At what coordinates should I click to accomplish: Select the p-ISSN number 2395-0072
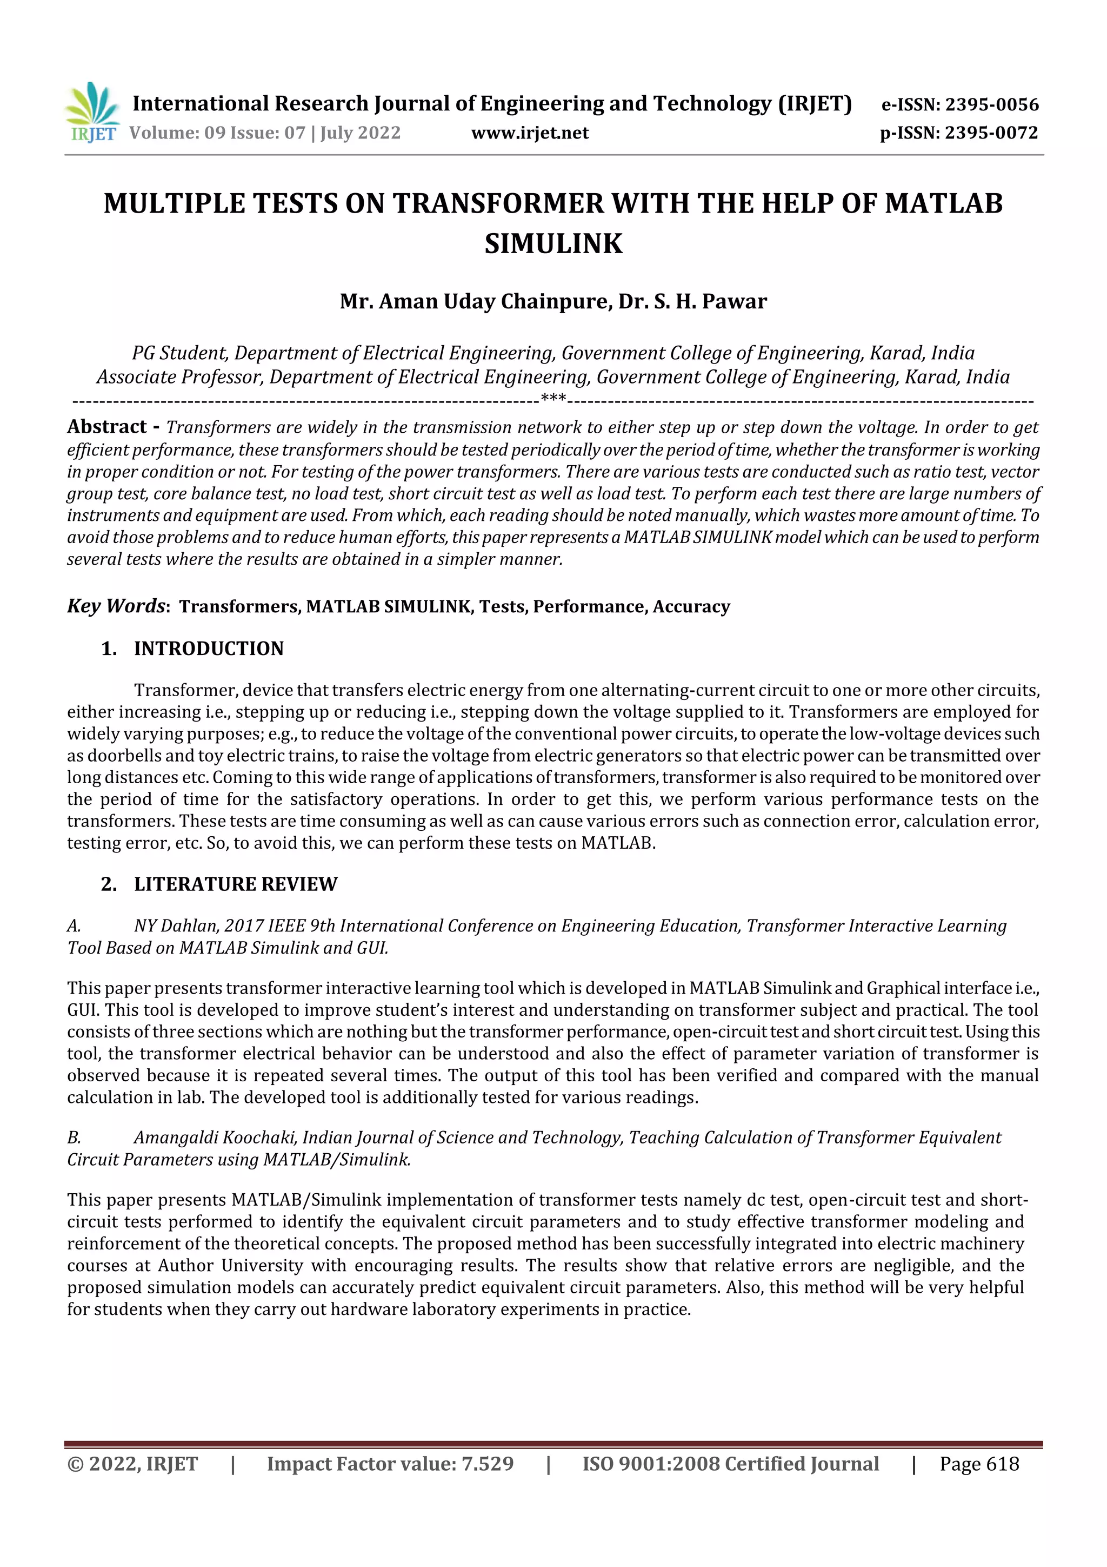tap(990, 133)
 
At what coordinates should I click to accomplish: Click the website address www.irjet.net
tap(529, 133)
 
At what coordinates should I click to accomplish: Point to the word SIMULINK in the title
tap(553, 243)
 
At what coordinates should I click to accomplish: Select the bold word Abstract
tap(107, 427)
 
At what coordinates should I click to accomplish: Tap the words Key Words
tap(115, 606)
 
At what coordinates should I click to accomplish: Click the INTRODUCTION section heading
tap(208, 649)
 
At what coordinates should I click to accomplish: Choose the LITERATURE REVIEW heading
tap(235, 884)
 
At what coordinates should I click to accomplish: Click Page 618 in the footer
tap(979, 1464)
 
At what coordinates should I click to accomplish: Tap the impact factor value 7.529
tap(488, 1464)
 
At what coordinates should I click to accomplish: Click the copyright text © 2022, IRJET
tap(132, 1464)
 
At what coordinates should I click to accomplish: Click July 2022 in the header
tap(360, 133)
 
